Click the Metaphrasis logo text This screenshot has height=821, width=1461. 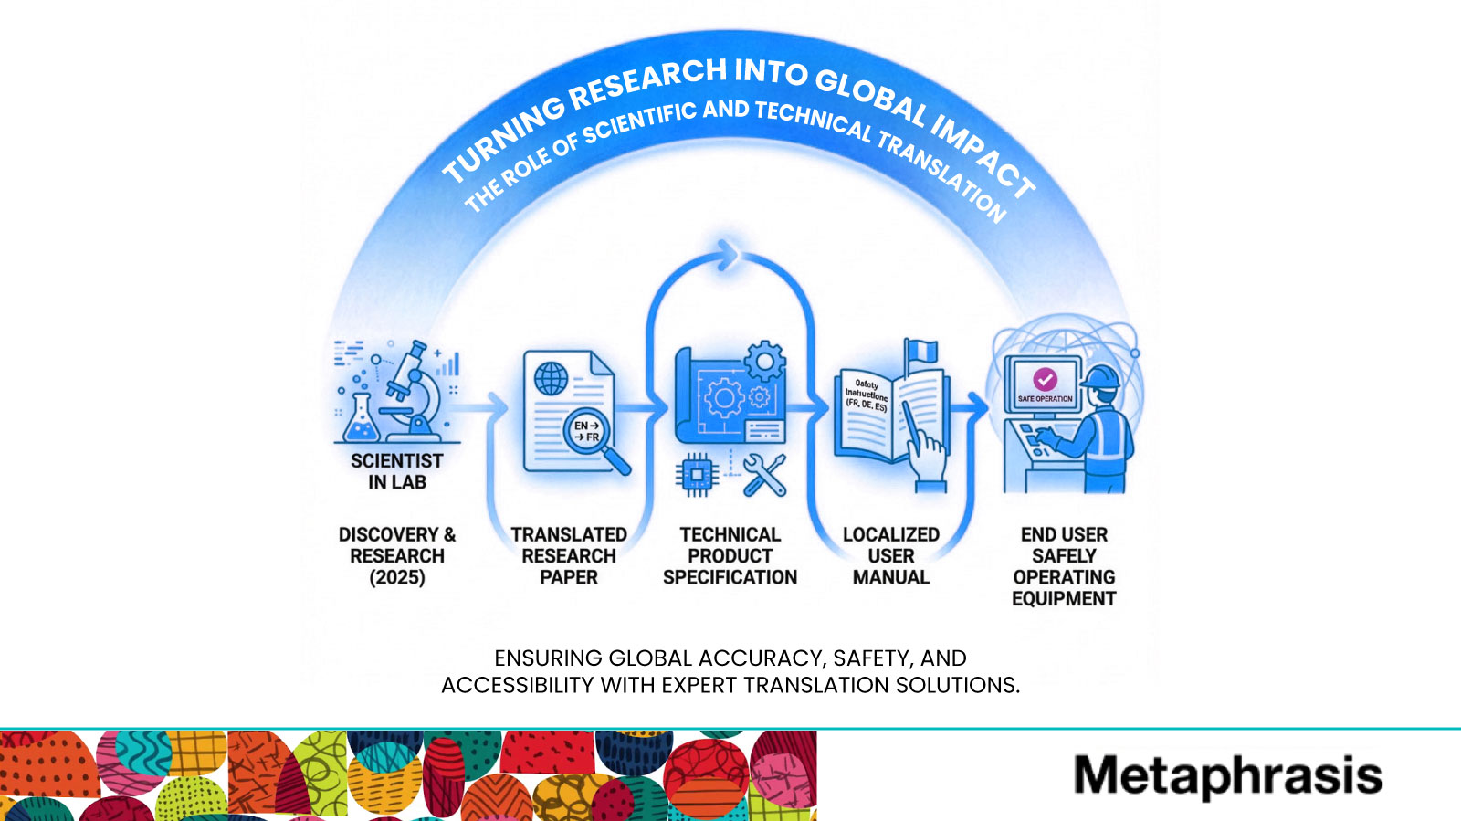pos(1227,775)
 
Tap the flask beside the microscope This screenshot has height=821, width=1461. pos(361,422)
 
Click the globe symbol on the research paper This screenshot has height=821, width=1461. pos(551,378)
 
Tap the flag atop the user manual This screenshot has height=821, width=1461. pos(920,351)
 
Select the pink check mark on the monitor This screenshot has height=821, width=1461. pos(1045,378)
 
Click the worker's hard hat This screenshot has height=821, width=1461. pos(1103,376)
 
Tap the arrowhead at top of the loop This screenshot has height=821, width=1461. pos(728,255)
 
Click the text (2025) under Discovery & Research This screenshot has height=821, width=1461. pos(397,578)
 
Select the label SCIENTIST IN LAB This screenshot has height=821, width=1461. pos(397,471)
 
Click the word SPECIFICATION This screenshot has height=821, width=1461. pos(730,578)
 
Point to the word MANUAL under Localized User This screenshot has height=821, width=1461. pos(891,578)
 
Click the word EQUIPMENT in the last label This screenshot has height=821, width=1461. pos(1064,599)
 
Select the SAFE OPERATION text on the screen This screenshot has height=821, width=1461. pos(1046,399)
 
